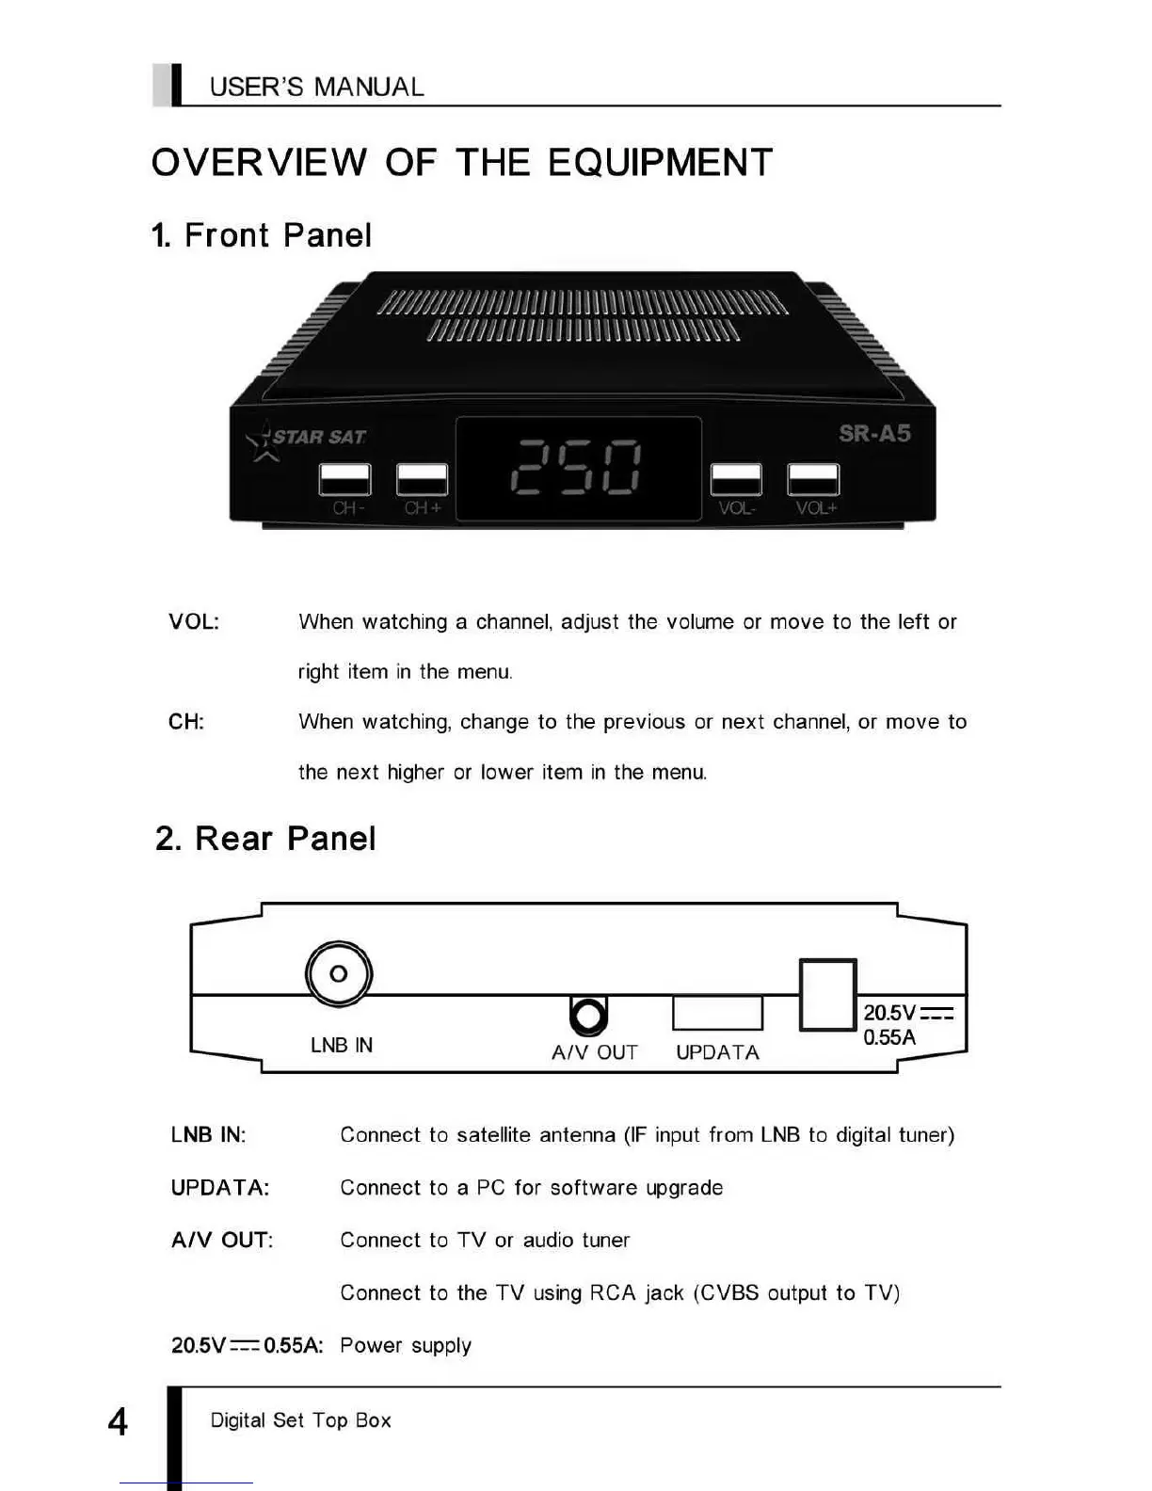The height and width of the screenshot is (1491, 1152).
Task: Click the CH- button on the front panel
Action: click(x=344, y=479)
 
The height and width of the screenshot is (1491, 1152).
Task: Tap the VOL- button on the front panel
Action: click(x=736, y=479)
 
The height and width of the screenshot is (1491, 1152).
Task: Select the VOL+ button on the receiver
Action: click(x=813, y=479)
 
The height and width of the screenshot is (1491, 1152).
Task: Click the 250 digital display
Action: click(x=577, y=468)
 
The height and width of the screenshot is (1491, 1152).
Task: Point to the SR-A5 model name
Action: click(x=874, y=434)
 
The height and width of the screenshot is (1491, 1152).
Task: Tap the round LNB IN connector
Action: click(x=339, y=973)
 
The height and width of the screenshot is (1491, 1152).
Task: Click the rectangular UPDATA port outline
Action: click(x=717, y=1013)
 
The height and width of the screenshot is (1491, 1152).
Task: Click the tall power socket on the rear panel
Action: click(x=827, y=995)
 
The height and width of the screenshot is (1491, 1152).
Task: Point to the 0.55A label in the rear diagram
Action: click(x=889, y=1037)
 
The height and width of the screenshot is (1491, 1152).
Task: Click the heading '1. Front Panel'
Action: click(x=262, y=235)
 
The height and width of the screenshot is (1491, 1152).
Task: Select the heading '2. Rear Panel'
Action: click(x=265, y=839)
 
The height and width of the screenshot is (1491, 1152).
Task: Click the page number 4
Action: click(x=118, y=1421)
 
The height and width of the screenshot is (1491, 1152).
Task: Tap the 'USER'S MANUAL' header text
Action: click(x=316, y=88)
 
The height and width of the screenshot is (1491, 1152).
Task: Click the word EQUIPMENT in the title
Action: click(x=660, y=163)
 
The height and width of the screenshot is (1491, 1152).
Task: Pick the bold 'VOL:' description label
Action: click(x=194, y=622)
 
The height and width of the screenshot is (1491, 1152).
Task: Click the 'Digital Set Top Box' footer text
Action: click(x=300, y=1420)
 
